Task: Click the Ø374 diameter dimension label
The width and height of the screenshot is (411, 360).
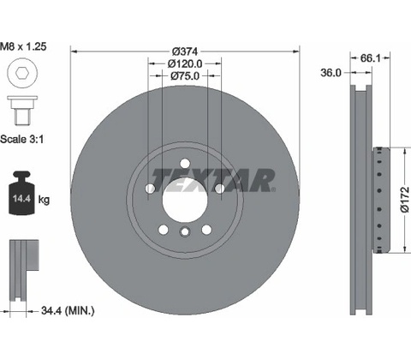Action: click(185, 51)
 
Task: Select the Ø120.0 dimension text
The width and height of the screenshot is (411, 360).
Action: click(185, 63)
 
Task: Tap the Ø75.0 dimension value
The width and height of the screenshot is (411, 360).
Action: click(185, 76)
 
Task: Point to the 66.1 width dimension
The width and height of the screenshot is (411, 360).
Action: click(370, 58)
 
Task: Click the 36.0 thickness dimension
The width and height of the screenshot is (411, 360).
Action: click(331, 73)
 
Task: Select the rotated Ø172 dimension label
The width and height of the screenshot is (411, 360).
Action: click(404, 200)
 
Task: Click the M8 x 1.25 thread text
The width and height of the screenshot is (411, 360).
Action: click(23, 46)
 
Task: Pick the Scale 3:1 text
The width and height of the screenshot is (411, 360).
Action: click(22, 140)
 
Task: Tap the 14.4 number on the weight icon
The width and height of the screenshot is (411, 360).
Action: click(21, 198)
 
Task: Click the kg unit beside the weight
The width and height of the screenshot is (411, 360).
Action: click(44, 199)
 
